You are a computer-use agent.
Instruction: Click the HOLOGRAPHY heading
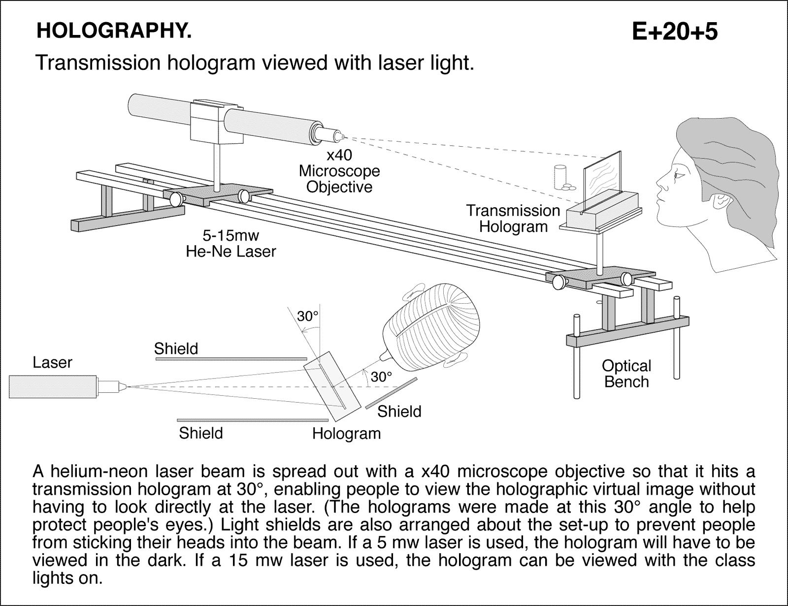(x=114, y=31)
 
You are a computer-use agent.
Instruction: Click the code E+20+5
(x=674, y=32)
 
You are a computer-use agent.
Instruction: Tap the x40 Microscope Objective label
(x=339, y=171)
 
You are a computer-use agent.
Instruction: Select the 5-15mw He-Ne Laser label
(x=231, y=243)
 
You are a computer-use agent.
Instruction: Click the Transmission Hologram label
(x=513, y=219)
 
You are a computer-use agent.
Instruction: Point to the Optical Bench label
(x=626, y=374)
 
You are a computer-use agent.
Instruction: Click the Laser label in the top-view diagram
(x=52, y=363)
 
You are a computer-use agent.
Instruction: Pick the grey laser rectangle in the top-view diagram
(x=53, y=386)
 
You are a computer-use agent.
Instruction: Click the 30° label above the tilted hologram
(x=308, y=317)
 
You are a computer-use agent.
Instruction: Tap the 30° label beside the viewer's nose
(x=381, y=377)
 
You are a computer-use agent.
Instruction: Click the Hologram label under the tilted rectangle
(x=346, y=434)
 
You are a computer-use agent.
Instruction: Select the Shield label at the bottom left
(x=200, y=433)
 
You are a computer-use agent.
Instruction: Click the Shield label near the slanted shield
(x=399, y=411)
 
